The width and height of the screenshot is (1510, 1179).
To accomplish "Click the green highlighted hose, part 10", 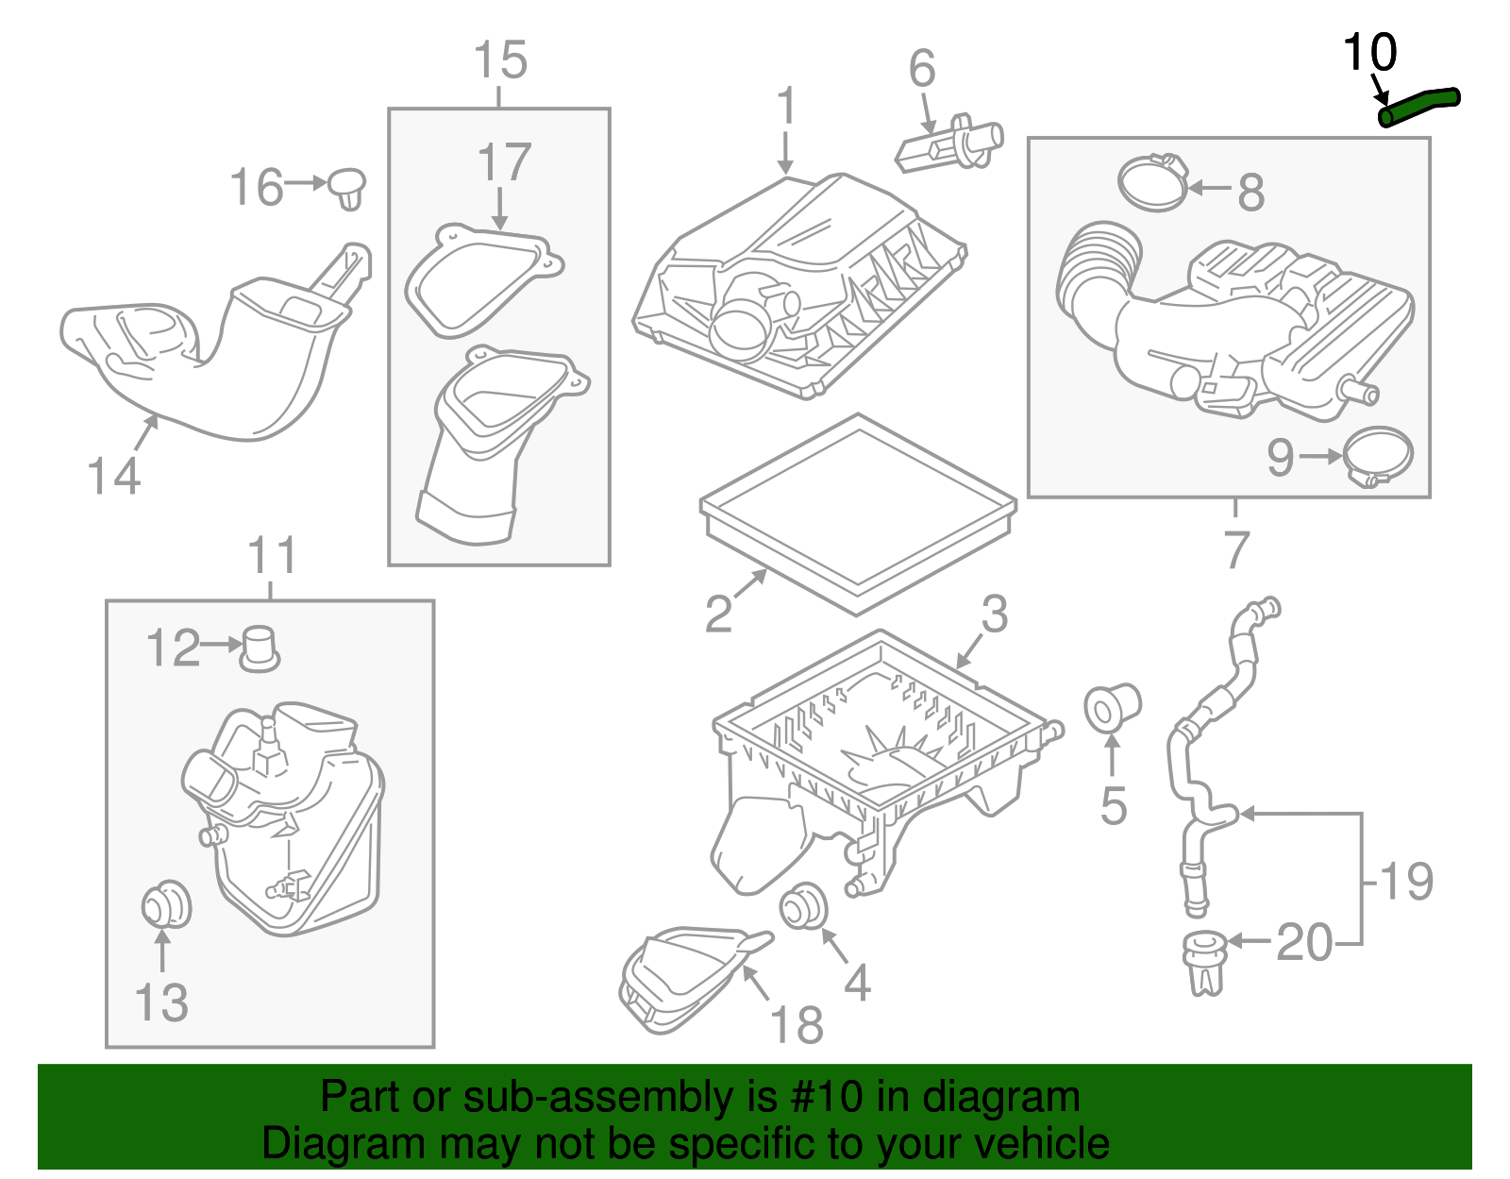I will [x=1418, y=105].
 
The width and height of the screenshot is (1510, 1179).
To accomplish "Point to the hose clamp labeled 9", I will [x=1377, y=457].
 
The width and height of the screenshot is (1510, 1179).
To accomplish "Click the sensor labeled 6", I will [x=948, y=147].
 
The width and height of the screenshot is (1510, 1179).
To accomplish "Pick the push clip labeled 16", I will [x=347, y=188].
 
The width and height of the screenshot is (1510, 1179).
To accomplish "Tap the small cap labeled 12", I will [x=259, y=648].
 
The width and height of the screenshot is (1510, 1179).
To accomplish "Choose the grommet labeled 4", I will [x=803, y=906].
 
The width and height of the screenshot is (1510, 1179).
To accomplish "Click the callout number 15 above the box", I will [x=499, y=60].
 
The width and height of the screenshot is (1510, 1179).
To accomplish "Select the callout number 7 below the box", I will [x=1236, y=549].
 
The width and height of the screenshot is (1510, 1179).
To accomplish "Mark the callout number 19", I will [x=1406, y=881].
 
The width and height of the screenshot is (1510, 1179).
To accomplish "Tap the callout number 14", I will [x=113, y=475].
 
